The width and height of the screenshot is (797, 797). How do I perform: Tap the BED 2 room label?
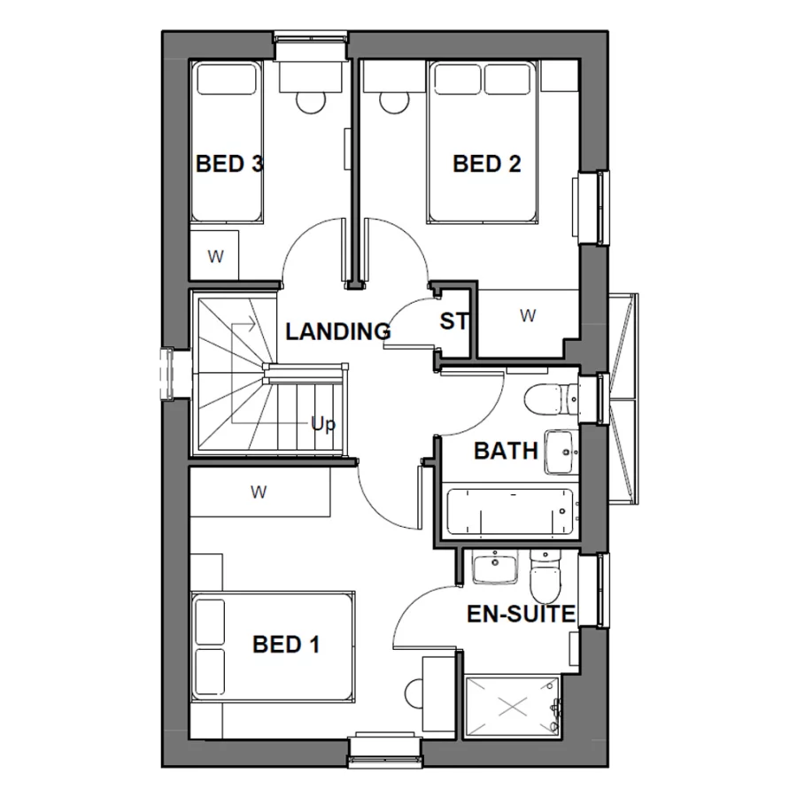tap(486, 164)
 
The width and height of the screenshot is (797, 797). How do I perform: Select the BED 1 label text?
tap(285, 645)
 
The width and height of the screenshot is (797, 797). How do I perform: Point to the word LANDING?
tap(337, 332)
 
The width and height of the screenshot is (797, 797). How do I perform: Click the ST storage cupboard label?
tap(453, 321)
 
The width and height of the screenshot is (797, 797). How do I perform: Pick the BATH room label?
tap(506, 451)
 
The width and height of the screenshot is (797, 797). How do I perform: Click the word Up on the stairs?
tap(323, 424)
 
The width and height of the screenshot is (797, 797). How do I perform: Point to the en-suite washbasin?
tap(493, 568)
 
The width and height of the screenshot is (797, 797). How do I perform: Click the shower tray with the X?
tap(513, 707)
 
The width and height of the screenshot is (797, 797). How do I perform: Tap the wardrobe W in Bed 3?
tap(214, 256)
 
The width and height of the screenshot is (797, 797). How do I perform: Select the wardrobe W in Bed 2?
tap(528, 315)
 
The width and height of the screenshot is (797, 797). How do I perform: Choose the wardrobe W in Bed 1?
tap(259, 491)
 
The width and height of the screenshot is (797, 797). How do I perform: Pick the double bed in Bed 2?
tap(484, 142)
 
